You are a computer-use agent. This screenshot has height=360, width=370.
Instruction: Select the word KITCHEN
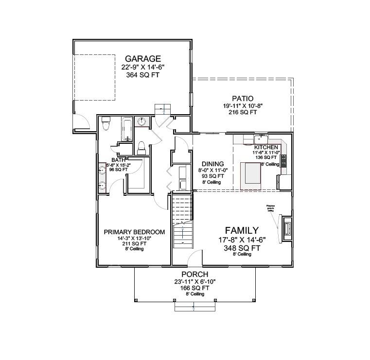(x=266, y=147)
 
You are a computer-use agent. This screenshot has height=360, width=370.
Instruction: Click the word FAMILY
(x=241, y=230)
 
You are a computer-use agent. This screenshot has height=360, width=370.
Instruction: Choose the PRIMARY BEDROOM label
(x=134, y=232)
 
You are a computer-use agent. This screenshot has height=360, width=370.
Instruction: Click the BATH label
(x=118, y=160)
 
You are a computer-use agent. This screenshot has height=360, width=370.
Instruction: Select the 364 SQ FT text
(x=141, y=75)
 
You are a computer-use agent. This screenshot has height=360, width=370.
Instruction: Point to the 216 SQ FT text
(x=243, y=112)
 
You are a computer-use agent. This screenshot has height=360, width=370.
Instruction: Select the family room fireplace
(x=286, y=227)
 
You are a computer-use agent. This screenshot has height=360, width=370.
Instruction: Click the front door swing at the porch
(x=195, y=258)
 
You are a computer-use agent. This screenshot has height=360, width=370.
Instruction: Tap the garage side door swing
(x=82, y=122)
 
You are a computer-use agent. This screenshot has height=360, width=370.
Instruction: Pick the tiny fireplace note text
(x=270, y=208)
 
